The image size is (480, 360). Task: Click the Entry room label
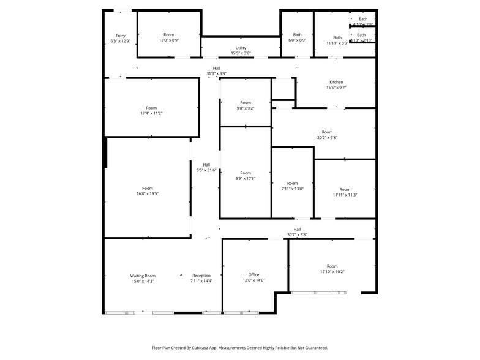coord(120,36)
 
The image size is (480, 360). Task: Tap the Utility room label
coord(241,48)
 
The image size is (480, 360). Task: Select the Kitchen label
coord(336,82)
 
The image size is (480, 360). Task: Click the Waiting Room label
coord(143,276)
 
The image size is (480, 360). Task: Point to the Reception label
coord(201,276)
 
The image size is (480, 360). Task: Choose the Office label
coord(253,275)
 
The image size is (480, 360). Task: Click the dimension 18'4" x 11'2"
coord(151,113)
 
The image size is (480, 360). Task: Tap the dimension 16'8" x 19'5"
coord(148,193)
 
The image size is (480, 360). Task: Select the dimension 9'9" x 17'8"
coord(245,178)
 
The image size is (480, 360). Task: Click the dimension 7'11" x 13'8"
coord(292,189)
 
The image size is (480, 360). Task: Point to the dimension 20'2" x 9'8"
coord(327,138)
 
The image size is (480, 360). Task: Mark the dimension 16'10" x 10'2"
coord(332,272)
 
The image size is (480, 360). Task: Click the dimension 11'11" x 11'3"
coord(345,195)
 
